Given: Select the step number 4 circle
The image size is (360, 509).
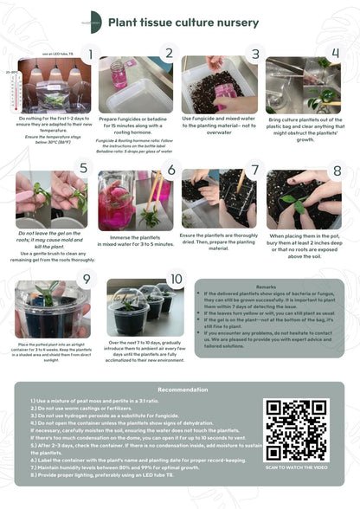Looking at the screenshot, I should [x=337, y=54].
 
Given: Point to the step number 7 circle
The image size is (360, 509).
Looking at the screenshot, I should [x=254, y=171].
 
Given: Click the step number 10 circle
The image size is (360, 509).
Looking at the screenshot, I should [x=177, y=279].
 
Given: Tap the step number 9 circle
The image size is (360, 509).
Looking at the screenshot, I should [x=85, y=279].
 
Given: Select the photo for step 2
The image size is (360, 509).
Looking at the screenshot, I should [x=134, y=85].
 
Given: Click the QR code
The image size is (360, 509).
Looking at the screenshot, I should [x=296, y=430].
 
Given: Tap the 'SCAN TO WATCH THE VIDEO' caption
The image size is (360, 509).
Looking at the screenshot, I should [x=296, y=467].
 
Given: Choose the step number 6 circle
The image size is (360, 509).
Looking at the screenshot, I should [x=170, y=171].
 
